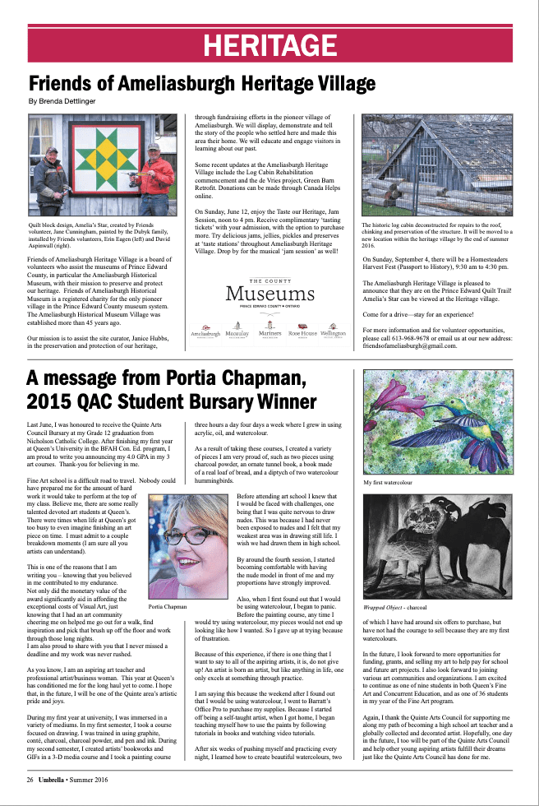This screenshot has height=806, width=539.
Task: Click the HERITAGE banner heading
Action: coord(269,44)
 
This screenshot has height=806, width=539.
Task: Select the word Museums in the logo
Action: coord(269,292)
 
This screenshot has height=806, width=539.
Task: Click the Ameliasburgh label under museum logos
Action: coord(205,335)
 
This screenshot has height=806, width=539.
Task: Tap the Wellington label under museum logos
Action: coord(333,335)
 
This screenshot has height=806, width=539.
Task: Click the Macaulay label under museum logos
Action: coord(237,335)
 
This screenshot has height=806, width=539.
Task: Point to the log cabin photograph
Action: coord(436,165)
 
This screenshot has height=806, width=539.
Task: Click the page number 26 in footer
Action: coord(30,779)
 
